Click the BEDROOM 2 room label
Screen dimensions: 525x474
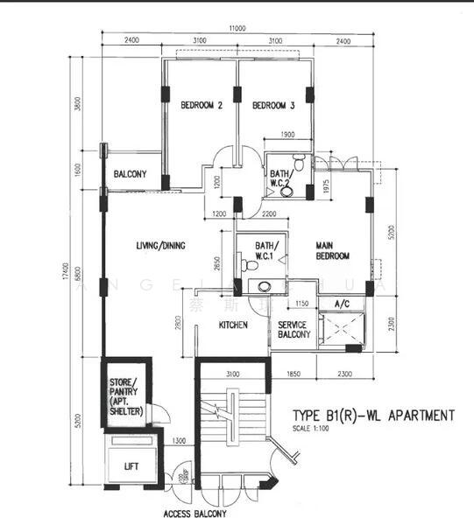(201, 106)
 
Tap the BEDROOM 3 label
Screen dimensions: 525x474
(272, 106)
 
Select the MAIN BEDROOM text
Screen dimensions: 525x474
(333, 251)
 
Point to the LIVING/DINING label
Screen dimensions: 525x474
(160, 246)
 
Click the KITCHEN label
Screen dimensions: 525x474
(233, 325)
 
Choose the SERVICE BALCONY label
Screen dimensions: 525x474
(294, 329)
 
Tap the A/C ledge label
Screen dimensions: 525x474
(343, 304)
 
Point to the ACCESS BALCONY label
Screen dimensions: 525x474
(195, 514)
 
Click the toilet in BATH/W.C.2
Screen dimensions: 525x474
(299, 163)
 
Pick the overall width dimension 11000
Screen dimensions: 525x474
(236, 29)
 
